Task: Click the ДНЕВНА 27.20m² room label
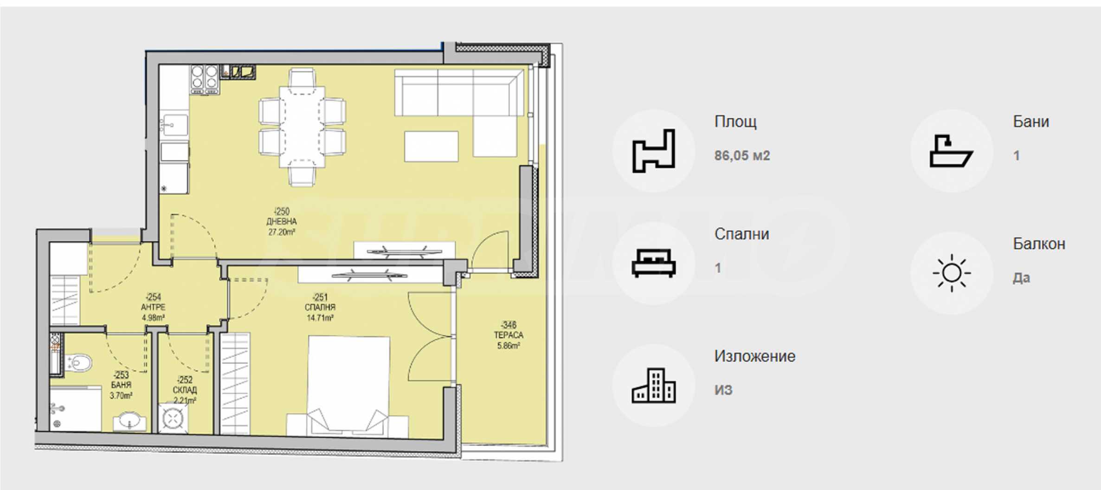click(282, 222)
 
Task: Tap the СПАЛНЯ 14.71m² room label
click(320, 308)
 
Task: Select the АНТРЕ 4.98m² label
click(153, 307)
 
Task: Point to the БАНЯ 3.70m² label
click(121, 385)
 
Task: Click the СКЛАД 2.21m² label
click(185, 390)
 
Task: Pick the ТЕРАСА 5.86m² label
click(509, 335)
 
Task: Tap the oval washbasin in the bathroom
click(129, 421)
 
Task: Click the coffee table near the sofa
click(431, 146)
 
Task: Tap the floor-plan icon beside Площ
click(654, 151)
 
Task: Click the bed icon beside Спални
click(654, 263)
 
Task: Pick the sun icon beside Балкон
click(952, 273)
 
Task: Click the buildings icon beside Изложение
click(654, 385)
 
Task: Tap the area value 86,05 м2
click(742, 155)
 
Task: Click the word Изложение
click(754, 356)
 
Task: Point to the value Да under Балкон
click(1021, 277)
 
